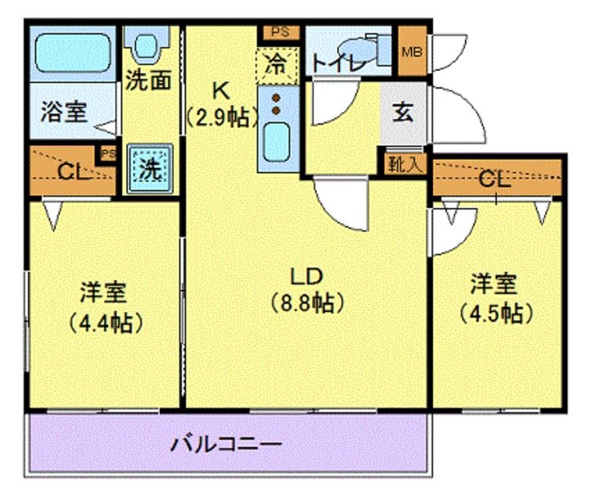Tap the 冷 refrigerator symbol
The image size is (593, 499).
[x=277, y=63]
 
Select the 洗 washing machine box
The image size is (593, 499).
[x=147, y=169]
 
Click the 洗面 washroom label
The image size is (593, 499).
[x=148, y=80]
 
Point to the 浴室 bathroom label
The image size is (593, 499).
[x=63, y=111]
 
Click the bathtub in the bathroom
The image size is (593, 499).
[x=72, y=51]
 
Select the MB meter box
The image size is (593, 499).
[x=412, y=52]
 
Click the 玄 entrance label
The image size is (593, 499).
[x=404, y=112]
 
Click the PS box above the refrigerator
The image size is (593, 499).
[x=280, y=33]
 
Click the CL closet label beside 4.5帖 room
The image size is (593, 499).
[x=494, y=180]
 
